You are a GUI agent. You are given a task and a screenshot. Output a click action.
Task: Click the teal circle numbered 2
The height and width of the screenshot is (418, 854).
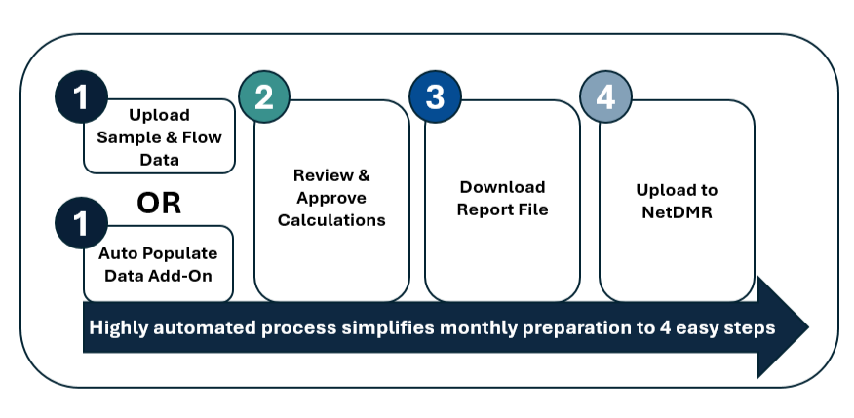click(x=264, y=96)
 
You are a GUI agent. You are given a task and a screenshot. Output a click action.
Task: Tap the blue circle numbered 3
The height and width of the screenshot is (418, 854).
click(x=435, y=96)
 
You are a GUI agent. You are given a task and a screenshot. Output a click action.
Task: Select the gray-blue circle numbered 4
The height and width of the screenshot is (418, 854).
click(x=605, y=96)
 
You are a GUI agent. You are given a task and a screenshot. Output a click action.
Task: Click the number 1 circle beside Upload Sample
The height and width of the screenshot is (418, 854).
click(x=81, y=96)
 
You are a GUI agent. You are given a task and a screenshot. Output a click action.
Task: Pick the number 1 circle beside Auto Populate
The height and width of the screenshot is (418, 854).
click(x=81, y=223)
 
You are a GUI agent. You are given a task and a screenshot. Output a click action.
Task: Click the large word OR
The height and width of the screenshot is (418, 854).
click(x=159, y=203)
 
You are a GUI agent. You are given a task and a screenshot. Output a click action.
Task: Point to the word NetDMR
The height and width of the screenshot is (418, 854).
click(x=677, y=212)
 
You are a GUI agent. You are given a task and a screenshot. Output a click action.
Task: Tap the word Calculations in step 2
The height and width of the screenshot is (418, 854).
click(x=331, y=220)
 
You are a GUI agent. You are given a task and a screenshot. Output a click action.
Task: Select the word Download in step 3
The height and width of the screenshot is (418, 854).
click(x=502, y=187)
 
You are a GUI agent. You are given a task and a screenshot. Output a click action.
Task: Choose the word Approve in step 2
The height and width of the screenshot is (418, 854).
click(x=331, y=198)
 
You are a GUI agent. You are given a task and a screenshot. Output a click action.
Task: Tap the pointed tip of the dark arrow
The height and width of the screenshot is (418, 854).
click(x=809, y=327)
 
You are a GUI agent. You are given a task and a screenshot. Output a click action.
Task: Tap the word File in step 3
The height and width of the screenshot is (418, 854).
click(x=534, y=209)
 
